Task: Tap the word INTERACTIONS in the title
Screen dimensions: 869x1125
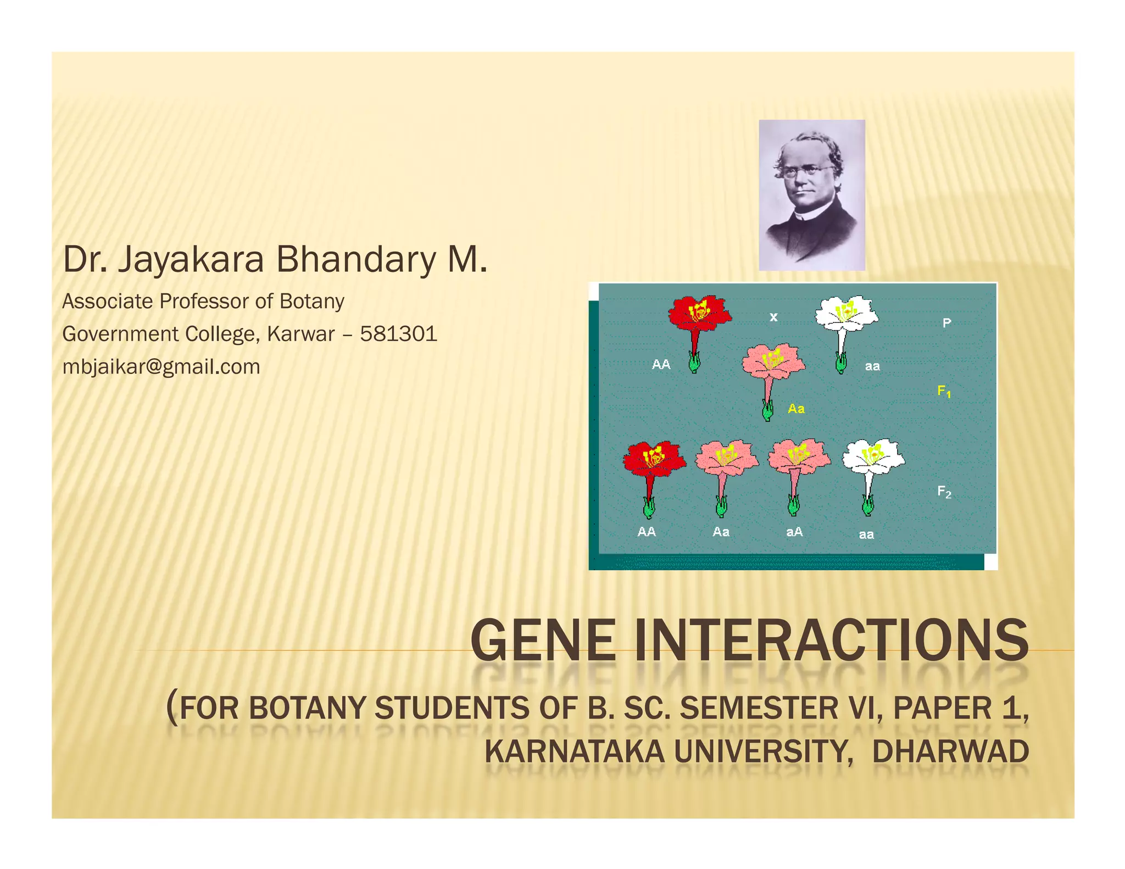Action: point(832,640)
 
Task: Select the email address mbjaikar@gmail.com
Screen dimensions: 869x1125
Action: point(161,366)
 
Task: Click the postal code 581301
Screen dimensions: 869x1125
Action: point(398,334)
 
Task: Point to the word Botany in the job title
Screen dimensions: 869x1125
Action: point(311,301)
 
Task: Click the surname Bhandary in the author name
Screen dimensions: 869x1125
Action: point(355,259)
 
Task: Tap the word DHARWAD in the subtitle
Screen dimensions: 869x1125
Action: point(950,751)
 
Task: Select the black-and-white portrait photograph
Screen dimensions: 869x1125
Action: point(811,195)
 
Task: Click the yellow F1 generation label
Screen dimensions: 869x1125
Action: point(944,391)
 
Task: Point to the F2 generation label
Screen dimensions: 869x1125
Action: point(944,491)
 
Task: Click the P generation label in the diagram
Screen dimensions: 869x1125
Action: point(946,323)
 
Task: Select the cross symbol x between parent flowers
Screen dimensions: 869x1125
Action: point(773,317)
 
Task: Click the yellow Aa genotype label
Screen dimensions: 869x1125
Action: point(796,409)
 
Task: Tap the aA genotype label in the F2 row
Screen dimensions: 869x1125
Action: point(794,532)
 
